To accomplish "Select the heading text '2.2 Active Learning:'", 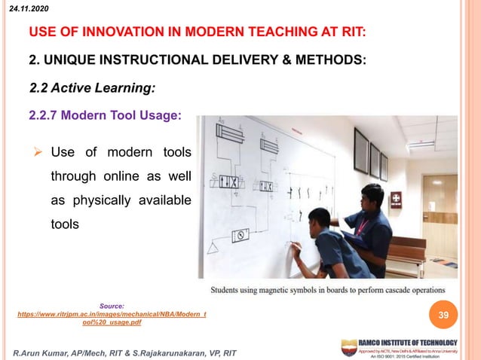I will point(92,88).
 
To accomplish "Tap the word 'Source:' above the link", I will point(112,306).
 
